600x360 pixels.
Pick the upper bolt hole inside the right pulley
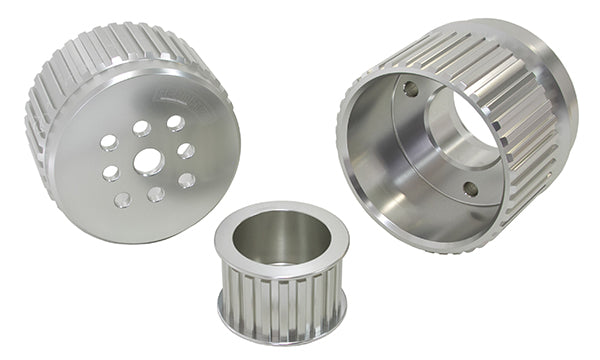tap(410, 89)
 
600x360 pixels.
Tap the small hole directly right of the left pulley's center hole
tap(185, 151)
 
